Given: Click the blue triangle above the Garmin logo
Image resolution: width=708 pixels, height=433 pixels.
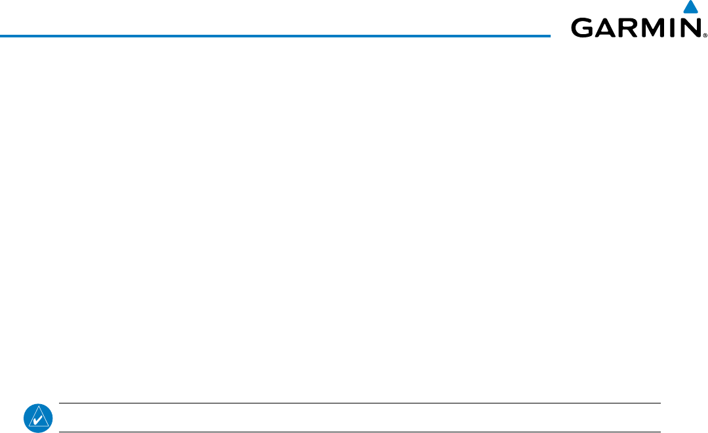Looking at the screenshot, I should pos(690,9).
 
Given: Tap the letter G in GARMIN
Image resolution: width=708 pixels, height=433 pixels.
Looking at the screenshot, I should pos(583,28).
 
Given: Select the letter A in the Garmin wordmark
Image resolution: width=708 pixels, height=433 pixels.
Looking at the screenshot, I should pos(606,28).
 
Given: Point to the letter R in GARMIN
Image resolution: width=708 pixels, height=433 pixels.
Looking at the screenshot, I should pos(628,28).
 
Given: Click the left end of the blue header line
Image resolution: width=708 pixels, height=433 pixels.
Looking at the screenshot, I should pos(1,35).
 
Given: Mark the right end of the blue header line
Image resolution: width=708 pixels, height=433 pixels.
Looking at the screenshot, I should pos(550,35).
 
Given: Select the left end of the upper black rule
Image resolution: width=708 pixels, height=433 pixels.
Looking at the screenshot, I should pos(60,403).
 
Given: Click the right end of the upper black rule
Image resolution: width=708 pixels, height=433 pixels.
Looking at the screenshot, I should pos(659,403).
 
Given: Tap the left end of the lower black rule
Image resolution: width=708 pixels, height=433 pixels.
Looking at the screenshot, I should pos(60,432).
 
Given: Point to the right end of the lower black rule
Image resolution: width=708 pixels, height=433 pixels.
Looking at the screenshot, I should pos(659,432).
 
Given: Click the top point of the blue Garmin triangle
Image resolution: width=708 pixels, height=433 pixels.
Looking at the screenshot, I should pos(690,1).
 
